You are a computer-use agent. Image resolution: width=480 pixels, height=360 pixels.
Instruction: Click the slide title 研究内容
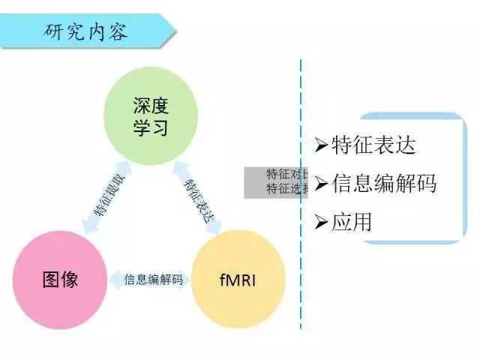[86, 32]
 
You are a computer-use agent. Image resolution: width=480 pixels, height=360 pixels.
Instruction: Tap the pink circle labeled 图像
[60, 280]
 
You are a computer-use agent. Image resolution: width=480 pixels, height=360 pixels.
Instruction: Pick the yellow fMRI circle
[239, 280]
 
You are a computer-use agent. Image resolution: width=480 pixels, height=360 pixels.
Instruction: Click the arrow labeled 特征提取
[106, 199]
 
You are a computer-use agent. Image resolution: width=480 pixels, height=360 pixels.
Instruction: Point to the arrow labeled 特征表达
[198, 199]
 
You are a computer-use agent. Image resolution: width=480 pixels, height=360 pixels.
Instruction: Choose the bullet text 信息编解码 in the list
[383, 183]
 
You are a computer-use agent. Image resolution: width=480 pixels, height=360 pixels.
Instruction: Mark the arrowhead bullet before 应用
[321, 222]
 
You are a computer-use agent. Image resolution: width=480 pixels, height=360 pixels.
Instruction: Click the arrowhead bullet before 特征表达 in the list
[321, 145]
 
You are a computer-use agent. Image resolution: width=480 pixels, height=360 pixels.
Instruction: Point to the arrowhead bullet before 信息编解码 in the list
[321, 183]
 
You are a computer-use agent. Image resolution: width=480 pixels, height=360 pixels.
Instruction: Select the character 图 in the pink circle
[49, 280]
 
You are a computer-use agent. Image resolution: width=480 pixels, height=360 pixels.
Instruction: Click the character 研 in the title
[55, 32]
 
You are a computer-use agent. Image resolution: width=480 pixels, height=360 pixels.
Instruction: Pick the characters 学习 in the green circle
[151, 127]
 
